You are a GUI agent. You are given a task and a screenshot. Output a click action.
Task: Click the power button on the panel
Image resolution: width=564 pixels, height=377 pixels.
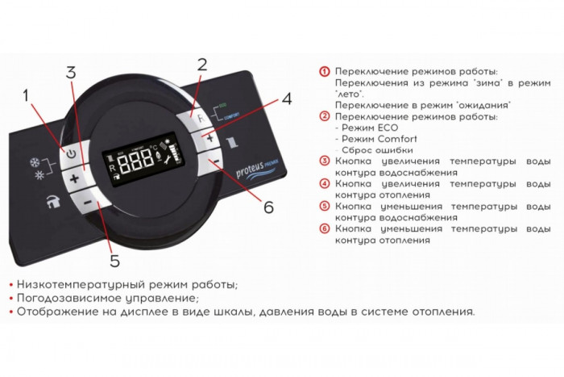(71, 153)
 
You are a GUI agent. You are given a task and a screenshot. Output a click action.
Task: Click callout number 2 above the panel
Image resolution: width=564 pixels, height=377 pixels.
(201, 64)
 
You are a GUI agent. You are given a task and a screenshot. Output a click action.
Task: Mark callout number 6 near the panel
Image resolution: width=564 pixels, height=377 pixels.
(268, 207)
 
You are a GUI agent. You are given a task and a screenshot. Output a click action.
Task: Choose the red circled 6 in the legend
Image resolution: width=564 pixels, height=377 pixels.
(325, 229)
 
